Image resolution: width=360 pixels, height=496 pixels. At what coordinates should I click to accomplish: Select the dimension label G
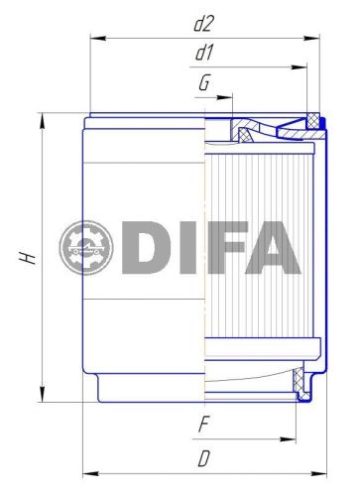point(203,83)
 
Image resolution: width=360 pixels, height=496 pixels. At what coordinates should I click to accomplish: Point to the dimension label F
point(204,425)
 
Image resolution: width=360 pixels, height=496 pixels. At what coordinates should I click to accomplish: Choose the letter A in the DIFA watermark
point(276,248)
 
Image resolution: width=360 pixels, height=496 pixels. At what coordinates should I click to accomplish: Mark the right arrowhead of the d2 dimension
point(319,38)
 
